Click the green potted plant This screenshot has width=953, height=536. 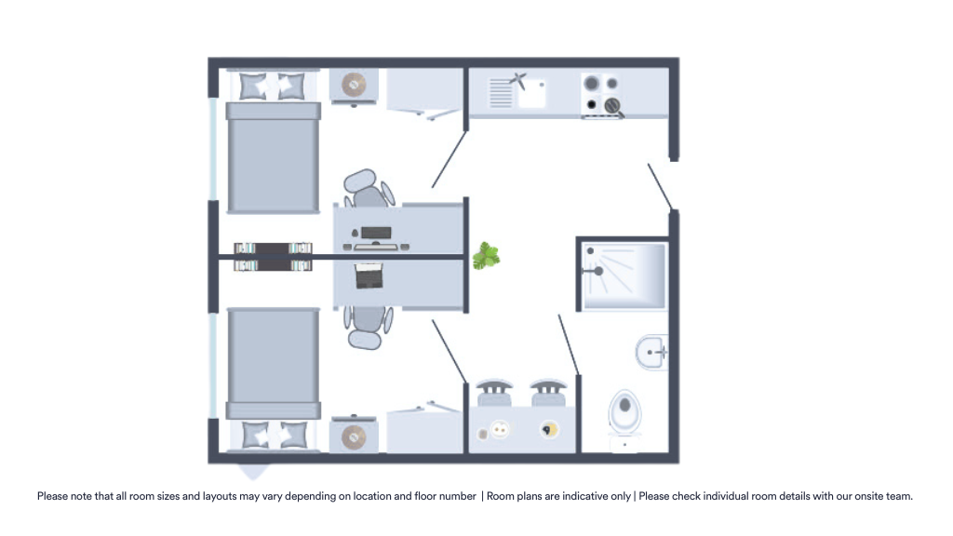click(x=486, y=256)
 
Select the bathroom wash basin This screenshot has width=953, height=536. click(x=651, y=352)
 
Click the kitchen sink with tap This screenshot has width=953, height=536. click(x=517, y=92)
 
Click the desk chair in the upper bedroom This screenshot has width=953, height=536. click(x=368, y=188)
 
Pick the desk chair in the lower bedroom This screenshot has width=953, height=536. click(x=367, y=328)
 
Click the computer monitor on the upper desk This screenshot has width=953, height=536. click(x=376, y=233)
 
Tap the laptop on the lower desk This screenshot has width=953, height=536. click(x=369, y=275)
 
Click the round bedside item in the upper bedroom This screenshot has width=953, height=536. click(x=354, y=85)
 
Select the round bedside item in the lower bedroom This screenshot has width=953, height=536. click(x=354, y=437)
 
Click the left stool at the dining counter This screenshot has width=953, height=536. click(x=494, y=394)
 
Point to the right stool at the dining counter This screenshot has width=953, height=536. click(x=548, y=394)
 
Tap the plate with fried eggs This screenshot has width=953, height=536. click(x=500, y=430)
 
